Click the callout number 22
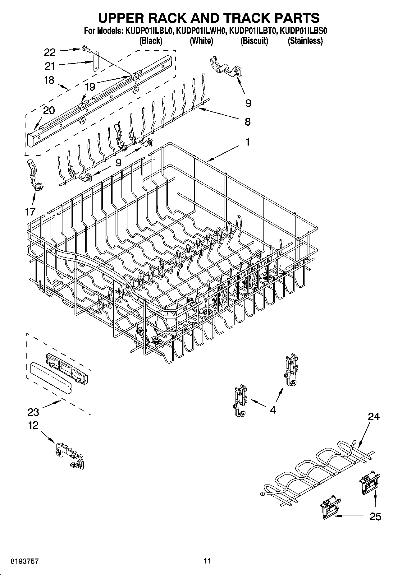[x=50, y=52]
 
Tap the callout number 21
[x=49, y=66]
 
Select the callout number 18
[x=49, y=80]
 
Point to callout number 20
[x=49, y=110]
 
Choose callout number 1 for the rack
[x=248, y=142]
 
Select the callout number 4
[x=273, y=410]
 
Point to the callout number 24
[x=373, y=416]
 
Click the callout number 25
[x=375, y=517]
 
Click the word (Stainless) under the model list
[x=305, y=41]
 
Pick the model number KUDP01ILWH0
[x=201, y=31]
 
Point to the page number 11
[x=207, y=561]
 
